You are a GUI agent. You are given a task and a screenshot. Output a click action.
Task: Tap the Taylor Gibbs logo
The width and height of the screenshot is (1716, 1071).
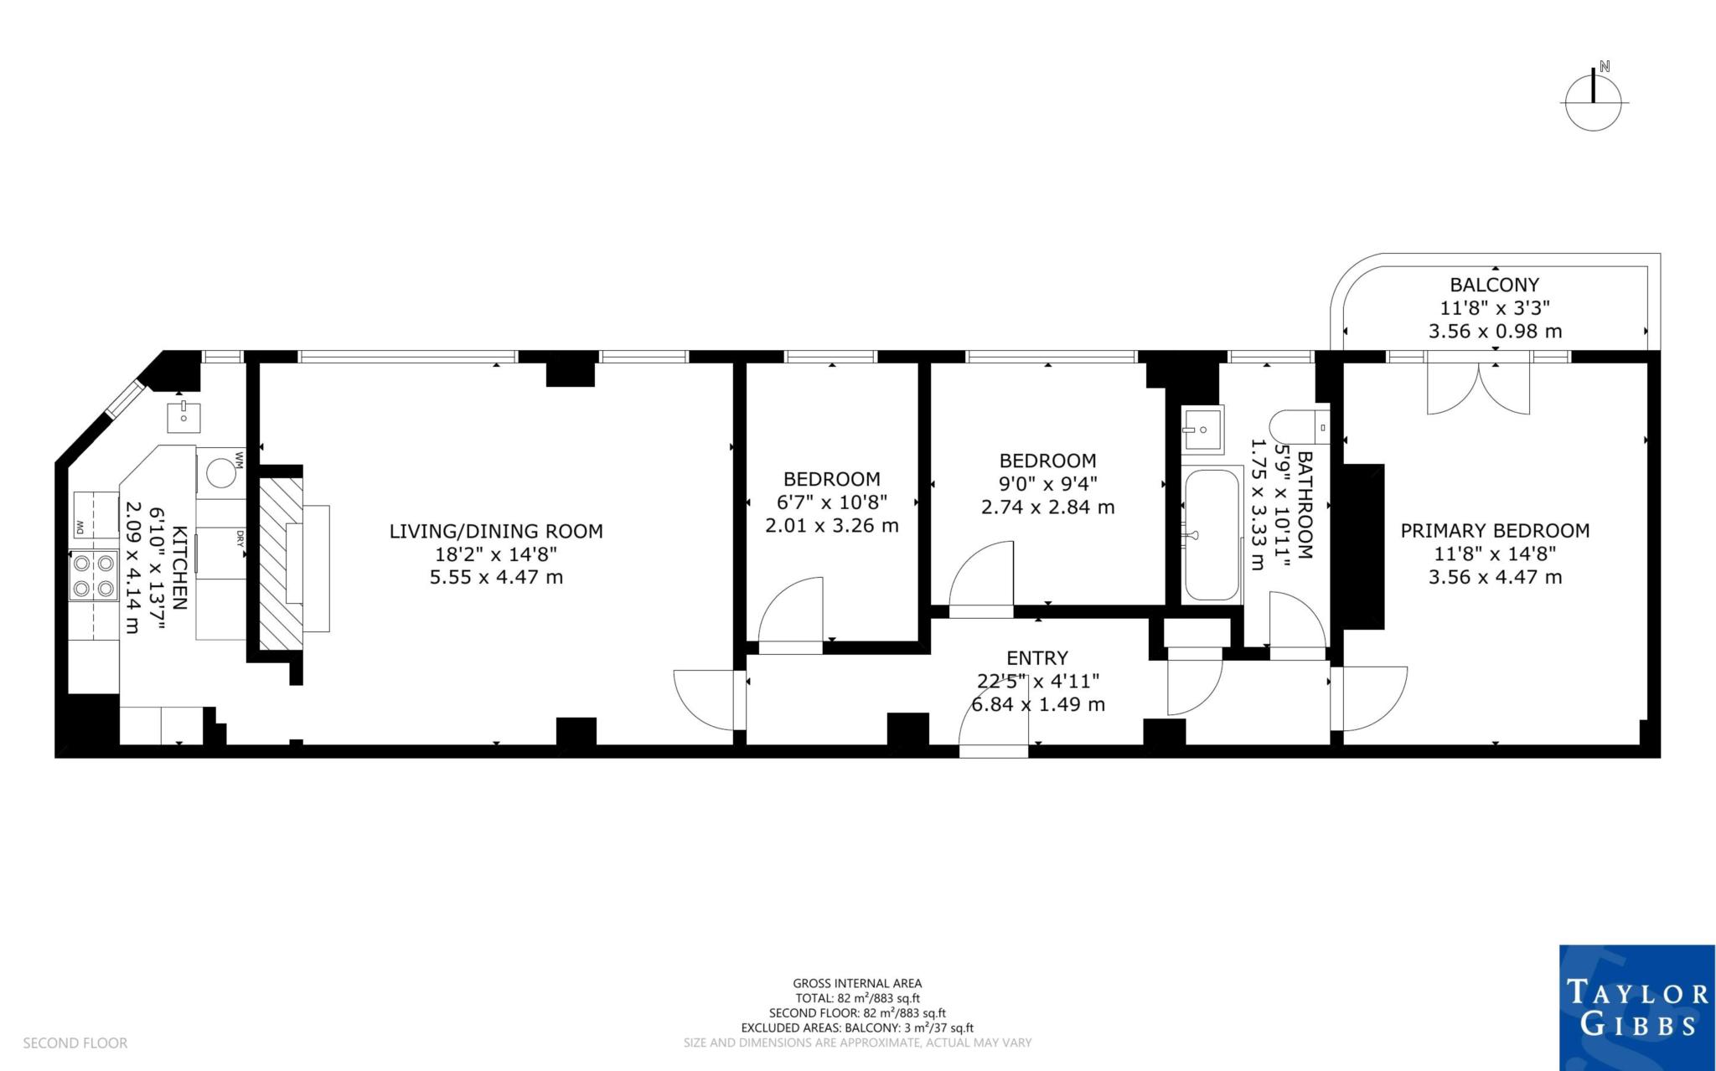point(1636,1007)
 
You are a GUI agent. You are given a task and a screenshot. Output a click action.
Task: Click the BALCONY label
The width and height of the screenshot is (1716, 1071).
point(1495,285)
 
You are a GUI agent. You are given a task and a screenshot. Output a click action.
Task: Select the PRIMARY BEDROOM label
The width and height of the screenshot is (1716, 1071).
point(1495,530)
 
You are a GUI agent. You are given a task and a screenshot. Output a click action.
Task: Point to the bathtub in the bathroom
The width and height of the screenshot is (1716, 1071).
point(1212,535)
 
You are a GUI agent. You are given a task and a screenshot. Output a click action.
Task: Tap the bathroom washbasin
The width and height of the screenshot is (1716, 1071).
point(1202,430)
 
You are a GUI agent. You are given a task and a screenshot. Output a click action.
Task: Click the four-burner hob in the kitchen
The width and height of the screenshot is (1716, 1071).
point(93,576)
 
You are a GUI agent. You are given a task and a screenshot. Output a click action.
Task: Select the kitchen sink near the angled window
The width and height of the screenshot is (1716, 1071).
point(183,414)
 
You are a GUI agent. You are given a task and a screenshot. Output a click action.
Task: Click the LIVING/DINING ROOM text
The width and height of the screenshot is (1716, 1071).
point(496,531)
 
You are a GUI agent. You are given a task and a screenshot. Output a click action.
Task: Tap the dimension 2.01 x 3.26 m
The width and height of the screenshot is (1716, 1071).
point(831,526)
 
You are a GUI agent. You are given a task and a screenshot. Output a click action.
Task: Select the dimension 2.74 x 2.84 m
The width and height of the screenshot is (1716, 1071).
point(1047,507)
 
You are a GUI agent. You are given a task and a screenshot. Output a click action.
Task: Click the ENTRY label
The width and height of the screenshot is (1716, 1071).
point(1037,658)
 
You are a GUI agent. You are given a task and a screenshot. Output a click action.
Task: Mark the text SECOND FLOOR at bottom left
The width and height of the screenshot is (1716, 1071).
point(75,1043)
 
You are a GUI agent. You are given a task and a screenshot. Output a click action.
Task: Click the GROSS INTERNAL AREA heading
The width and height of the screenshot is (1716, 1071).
point(857,984)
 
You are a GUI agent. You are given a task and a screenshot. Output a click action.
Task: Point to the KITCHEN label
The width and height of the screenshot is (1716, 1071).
point(179,567)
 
